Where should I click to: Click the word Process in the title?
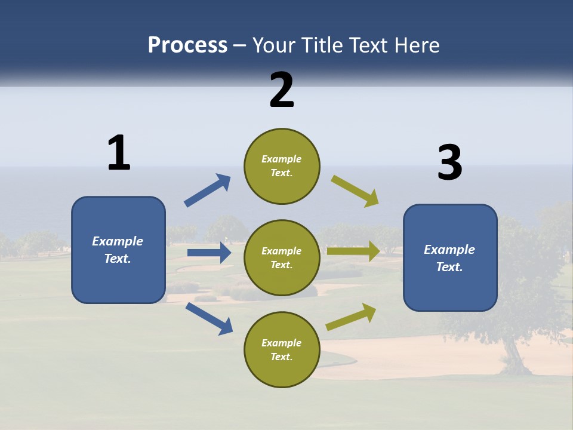pyautogui.click(x=187, y=45)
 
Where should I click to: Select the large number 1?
pyautogui.click(x=119, y=153)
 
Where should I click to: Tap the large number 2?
pyautogui.click(x=282, y=90)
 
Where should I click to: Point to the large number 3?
pyautogui.click(x=449, y=163)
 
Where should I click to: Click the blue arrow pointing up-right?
pyautogui.click(x=208, y=191)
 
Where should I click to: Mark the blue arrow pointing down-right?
pyautogui.click(x=209, y=318)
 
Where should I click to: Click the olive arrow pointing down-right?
pyautogui.click(x=355, y=191)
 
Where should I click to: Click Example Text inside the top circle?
pyautogui.click(x=282, y=166)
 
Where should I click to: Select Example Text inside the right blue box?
pyautogui.click(x=449, y=258)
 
